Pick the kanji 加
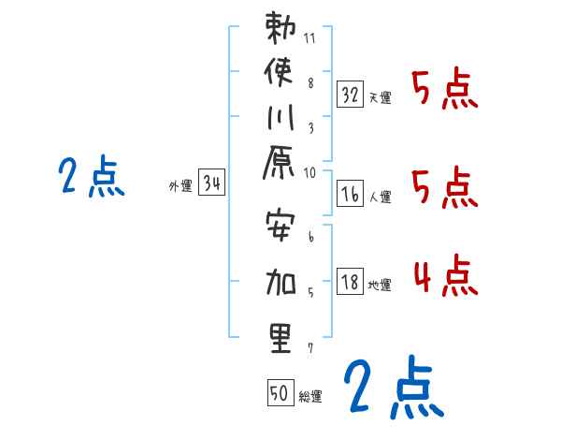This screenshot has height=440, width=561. (x=280, y=282)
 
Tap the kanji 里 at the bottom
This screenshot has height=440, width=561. (x=280, y=337)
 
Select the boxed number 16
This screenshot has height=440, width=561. (x=350, y=196)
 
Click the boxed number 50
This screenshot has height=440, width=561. (x=279, y=393)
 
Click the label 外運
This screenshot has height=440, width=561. (x=180, y=186)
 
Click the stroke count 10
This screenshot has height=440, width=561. (x=311, y=172)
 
